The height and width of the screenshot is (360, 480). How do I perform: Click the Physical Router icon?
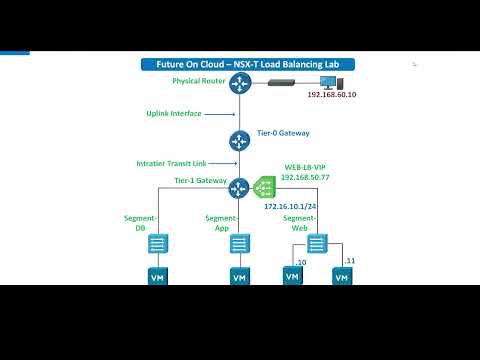(239, 84)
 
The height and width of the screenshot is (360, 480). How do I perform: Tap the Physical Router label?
(198, 80)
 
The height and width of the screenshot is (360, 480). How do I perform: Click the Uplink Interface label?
(175, 114)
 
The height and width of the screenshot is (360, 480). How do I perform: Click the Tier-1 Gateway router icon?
(239, 187)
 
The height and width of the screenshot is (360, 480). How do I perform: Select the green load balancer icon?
(264, 187)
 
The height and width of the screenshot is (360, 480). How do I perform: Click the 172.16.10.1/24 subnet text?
(290, 206)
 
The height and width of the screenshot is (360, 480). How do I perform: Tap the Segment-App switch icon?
(240, 243)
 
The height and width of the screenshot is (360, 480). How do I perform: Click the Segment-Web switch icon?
(316, 243)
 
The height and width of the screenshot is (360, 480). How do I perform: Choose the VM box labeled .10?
(292, 275)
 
